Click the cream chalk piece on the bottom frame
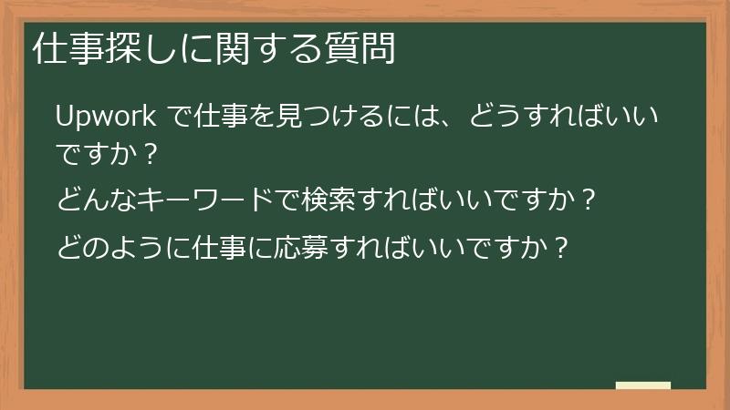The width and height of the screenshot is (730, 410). [642, 386]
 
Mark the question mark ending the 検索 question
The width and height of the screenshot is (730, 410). [589, 200]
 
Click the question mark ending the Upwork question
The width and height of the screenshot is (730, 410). [151, 157]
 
